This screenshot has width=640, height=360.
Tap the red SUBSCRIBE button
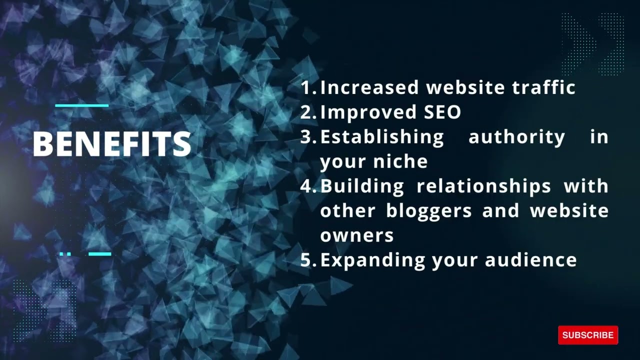click(x=588, y=335)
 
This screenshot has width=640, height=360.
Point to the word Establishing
click(x=382, y=136)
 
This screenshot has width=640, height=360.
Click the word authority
click(x=516, y=136)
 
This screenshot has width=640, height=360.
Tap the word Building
click(x=362, y=186)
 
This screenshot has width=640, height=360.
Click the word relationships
click(x=483, y=186)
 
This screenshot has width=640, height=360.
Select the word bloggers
click(x=429, y=210)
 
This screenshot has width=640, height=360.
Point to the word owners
click(x=357, y=235)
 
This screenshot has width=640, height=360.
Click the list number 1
click(x=307, y=88)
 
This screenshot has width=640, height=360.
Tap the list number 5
click(x=307, y=260)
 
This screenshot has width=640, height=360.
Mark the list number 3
click(x=307, y=137)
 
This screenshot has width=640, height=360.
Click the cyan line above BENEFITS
click(x=81, y=105)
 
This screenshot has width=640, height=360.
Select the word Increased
click(x=369, y=87)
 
